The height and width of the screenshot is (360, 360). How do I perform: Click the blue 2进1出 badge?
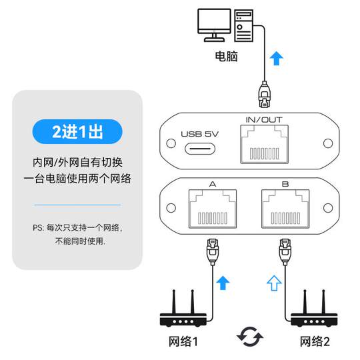(x=77, y=131)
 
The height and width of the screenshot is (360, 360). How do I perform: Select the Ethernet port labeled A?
(x=213, y=210)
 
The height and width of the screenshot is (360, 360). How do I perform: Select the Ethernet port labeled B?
(x=285, y=210)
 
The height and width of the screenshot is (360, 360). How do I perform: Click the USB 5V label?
(x=200, y=132)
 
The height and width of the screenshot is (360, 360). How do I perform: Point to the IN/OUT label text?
(x=265, y=119)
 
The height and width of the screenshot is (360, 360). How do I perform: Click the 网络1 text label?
(x=184, y=343)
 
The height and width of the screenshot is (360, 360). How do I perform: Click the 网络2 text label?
(x=315, y=343)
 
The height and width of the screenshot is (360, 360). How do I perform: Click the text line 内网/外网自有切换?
(x=77, y=163)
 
